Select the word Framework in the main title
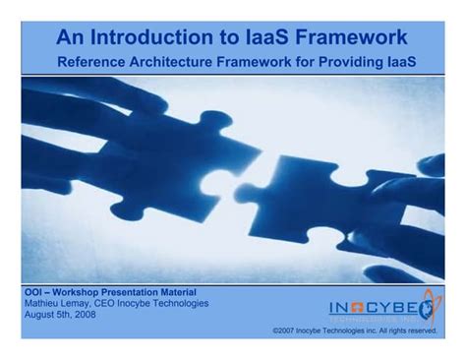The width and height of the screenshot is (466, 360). (x=352, y=37)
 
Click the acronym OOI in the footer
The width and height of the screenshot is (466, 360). (x=33, y=293)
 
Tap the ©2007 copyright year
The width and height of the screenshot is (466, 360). (x=287, y=331)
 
